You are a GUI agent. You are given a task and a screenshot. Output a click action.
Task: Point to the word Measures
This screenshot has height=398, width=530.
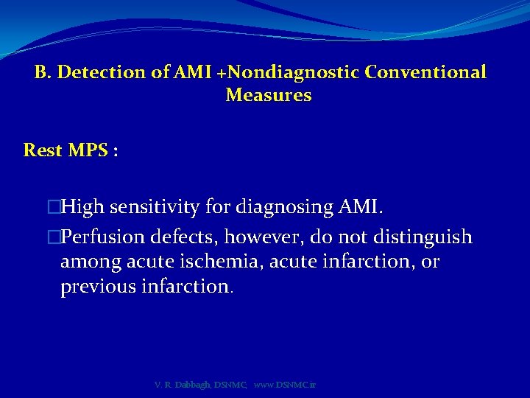269,96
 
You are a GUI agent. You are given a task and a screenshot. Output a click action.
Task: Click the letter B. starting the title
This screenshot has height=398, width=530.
43,73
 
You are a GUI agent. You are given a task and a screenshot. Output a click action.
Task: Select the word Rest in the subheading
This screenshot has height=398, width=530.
43,150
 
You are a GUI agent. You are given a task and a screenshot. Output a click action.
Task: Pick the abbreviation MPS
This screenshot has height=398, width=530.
88,150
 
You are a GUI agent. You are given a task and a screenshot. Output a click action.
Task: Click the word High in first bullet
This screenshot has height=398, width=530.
83,209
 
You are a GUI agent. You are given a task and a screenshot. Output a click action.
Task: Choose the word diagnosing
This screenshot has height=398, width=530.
280,209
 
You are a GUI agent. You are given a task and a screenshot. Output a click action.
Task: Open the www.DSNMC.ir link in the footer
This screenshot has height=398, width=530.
284,385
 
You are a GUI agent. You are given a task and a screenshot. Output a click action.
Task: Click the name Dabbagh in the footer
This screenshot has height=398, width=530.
192,385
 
